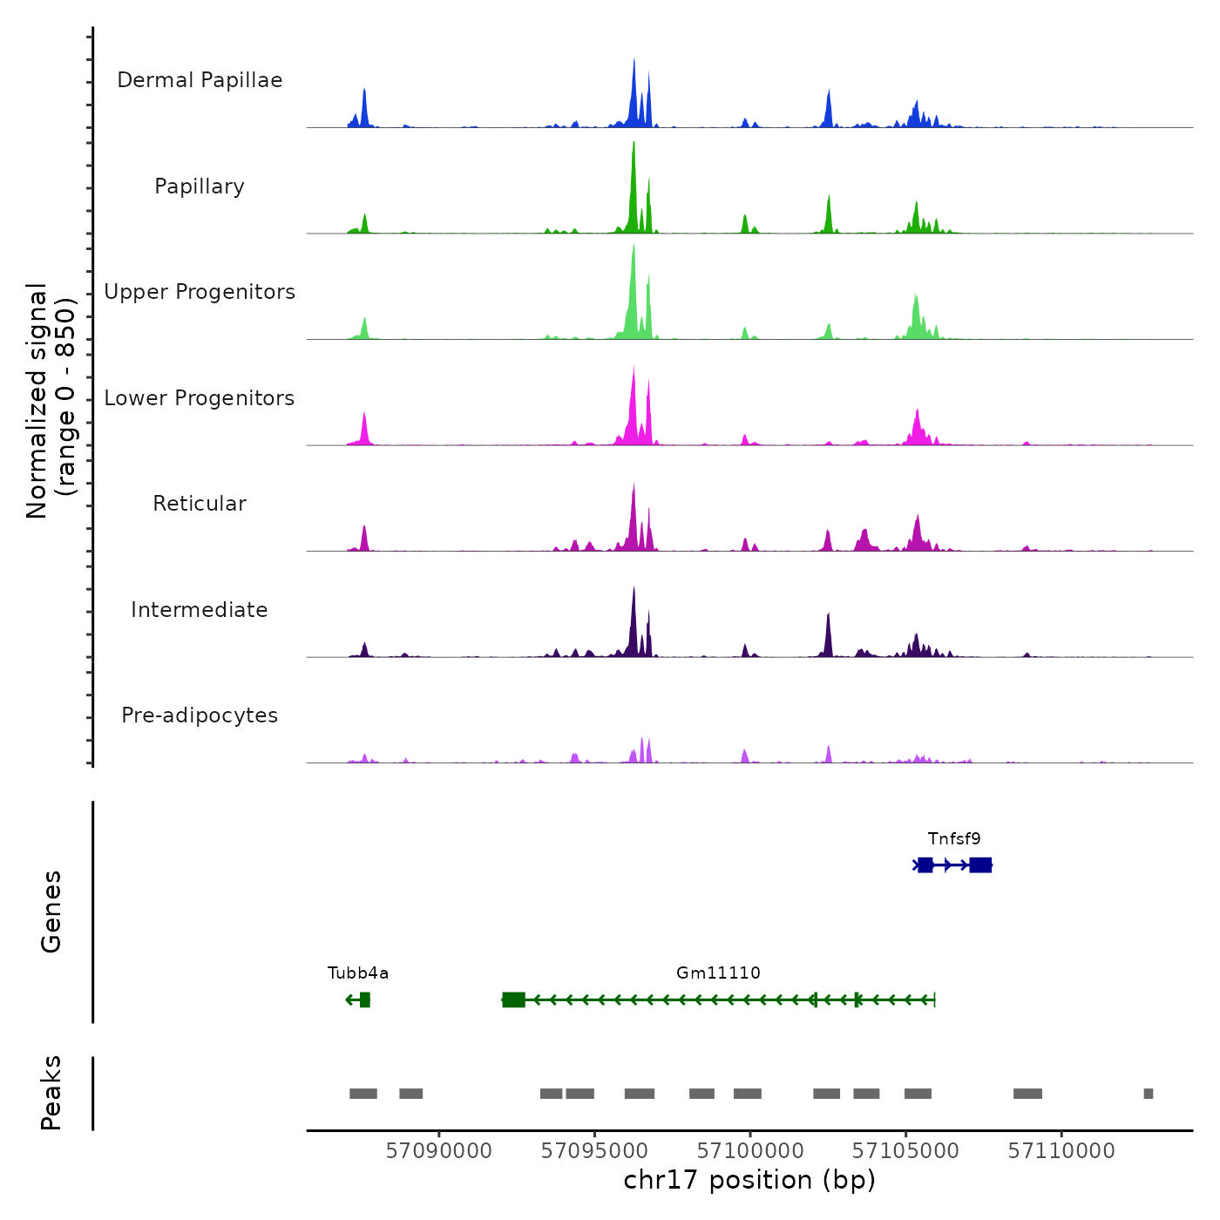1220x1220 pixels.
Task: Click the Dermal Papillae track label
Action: (x=200, y=80)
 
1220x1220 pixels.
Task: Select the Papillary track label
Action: (x=200, y=186)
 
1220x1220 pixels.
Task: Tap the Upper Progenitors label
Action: (x=200, y=292)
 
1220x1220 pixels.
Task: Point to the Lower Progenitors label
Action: (x=200, y=398)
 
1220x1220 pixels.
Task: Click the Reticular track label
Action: (x=200, y=504)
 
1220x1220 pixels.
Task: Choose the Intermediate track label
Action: (x=200, y=610)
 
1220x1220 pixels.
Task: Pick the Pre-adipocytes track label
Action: (x=200, y=715)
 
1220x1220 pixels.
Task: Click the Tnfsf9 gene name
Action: (x=954, y=839)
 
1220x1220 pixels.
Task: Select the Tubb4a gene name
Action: (x=358, y=973)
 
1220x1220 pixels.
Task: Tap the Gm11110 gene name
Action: (x=718, y=973)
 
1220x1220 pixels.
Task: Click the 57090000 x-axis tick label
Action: (x=439, y=1151)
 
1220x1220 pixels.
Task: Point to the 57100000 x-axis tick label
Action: (x=750, y=1151)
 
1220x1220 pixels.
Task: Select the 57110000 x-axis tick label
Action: (x=1061, y=1151)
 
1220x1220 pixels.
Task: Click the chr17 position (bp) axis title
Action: (x=749, y=1181)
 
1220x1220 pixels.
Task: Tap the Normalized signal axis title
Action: (x=51, y=401)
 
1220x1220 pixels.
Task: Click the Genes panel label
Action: (x=51, y=912)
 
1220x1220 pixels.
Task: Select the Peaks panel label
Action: (x=51, y=1093)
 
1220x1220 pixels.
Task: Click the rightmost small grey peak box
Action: (x=1149, y=1094)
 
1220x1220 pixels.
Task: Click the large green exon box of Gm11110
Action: (x=514, y=1000)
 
